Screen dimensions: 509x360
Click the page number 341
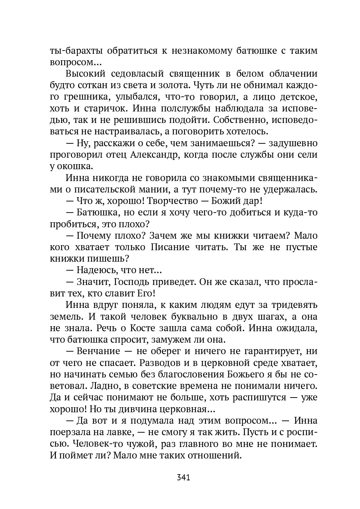tap(183, 477)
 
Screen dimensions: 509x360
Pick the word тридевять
tap(294, 305)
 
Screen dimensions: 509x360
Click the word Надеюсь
tap(96, 270)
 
